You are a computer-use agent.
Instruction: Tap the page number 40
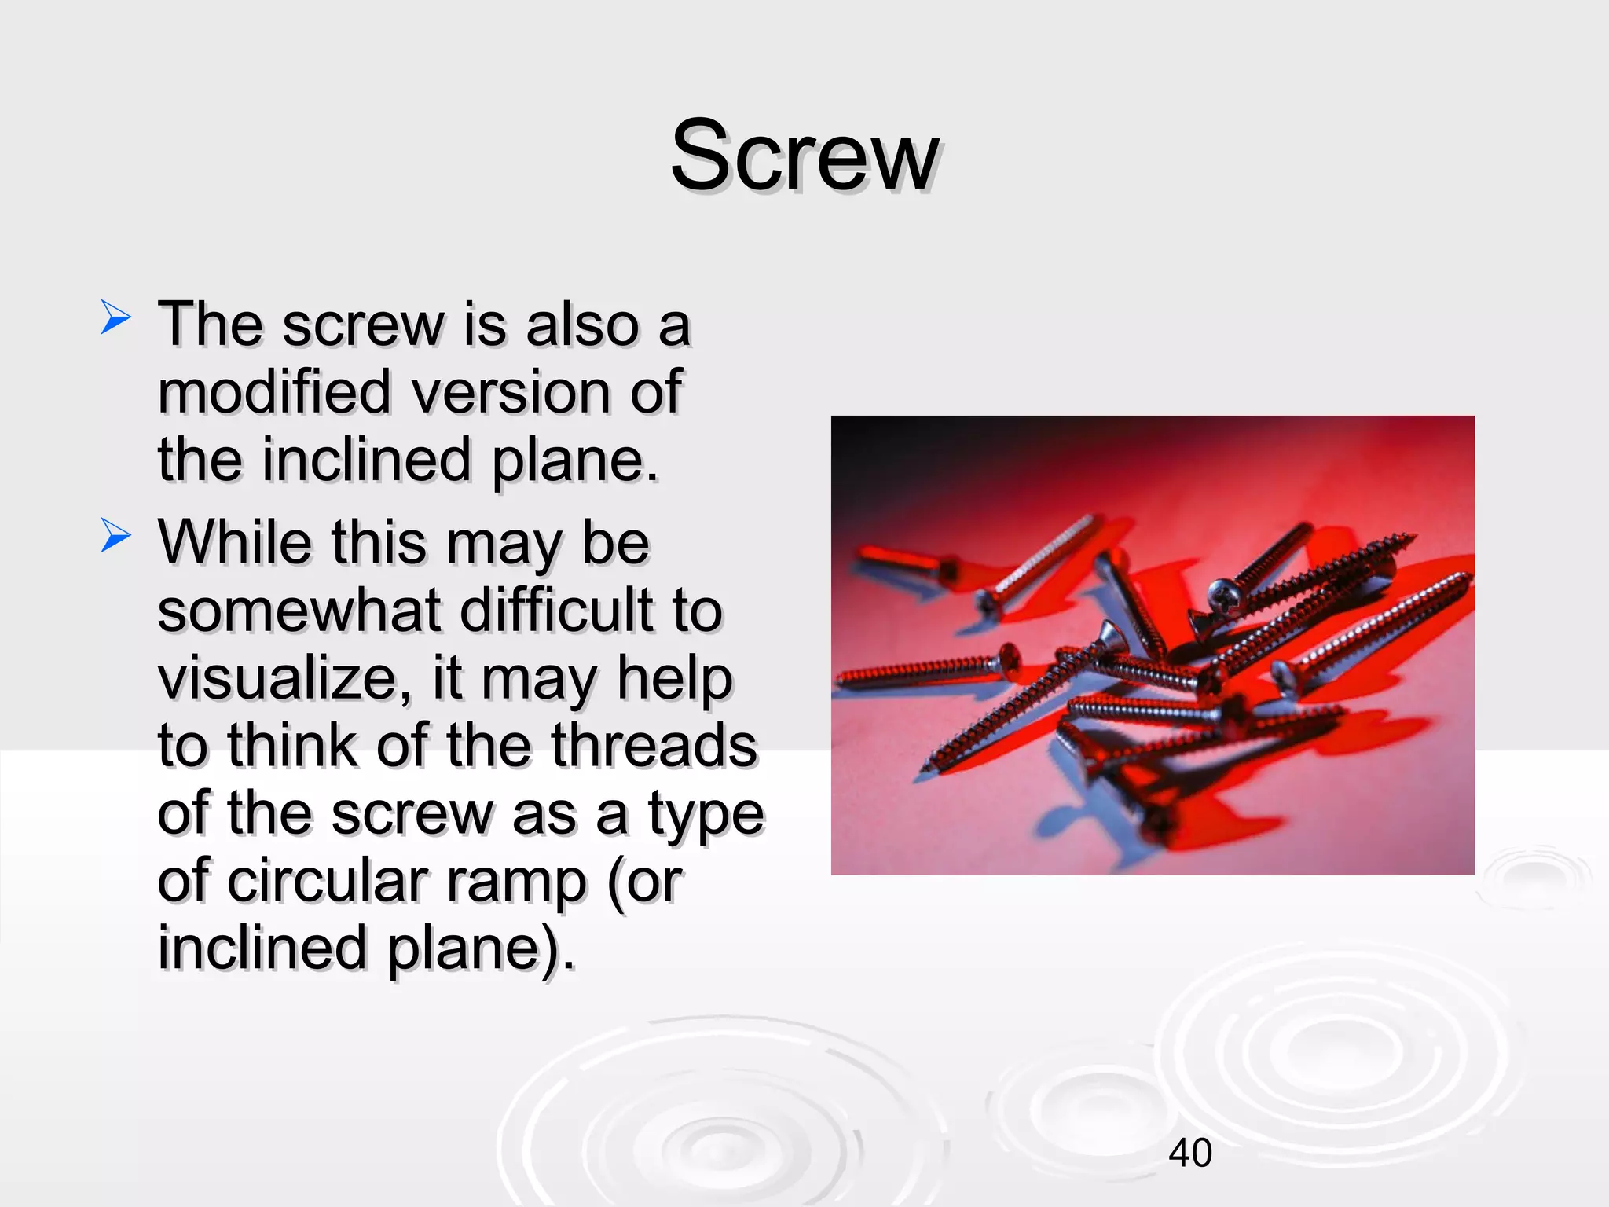pyautogui.click(x=1190, y=1153)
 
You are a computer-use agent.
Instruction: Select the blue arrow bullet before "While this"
pyautogui.click(x=115, y=538)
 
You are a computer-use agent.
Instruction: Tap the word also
pyautogui.click(x=582, y=324)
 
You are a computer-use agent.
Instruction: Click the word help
pyautogui.click(x=674, y=679)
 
